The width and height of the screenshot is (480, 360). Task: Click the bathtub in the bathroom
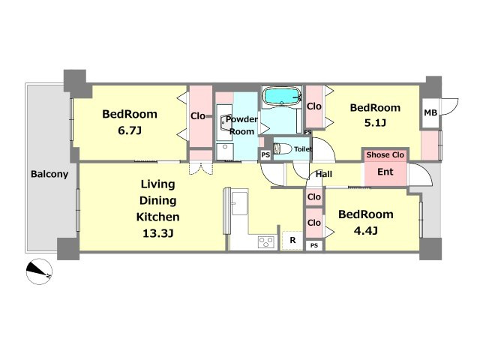pos(282,96)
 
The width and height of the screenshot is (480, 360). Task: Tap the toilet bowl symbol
pos(282,148)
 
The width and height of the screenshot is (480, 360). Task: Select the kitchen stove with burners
pos(266,242)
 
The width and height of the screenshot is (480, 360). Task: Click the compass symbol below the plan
pos(39,271)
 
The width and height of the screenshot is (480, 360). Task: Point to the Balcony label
pos(49,174)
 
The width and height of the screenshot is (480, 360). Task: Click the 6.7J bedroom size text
pos(130,131)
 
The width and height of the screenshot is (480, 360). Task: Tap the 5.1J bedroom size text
pos(375,123)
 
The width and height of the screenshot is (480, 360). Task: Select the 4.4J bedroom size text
pos(366,230)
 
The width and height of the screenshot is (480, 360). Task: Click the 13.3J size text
pos(158,233)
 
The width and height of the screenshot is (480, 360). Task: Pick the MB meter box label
pos(430,113)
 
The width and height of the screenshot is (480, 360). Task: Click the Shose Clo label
pos(385,155)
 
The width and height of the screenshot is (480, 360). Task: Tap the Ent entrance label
pos(385,172)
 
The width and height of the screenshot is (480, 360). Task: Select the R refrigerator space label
pos(292,240)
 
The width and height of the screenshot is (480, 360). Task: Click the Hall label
pos(324,174)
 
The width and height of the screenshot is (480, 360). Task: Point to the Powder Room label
pos(241,125)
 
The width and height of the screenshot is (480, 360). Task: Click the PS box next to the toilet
pos(265,155)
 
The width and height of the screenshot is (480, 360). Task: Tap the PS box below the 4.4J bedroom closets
pos(314,245)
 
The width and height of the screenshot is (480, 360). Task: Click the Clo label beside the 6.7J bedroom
pos(198,116)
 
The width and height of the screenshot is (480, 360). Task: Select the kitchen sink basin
pos(239,203)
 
